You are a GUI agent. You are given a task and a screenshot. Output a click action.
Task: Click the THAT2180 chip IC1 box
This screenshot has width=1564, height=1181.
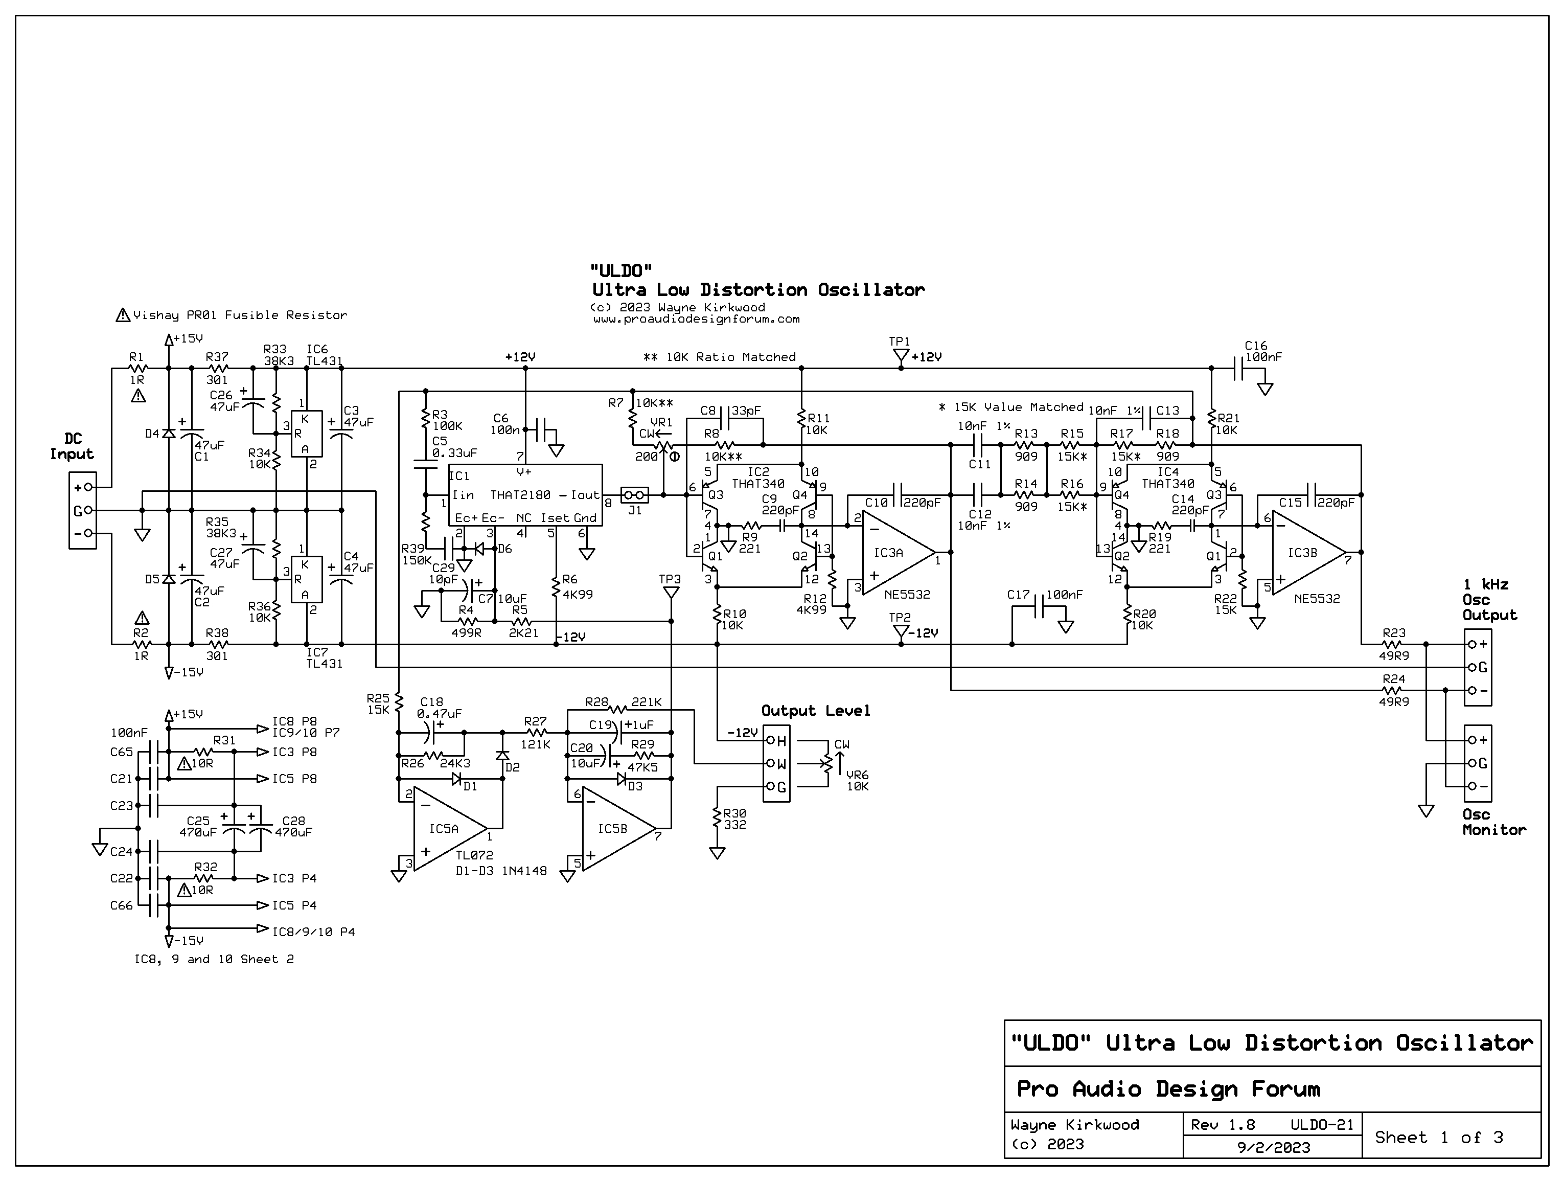526,495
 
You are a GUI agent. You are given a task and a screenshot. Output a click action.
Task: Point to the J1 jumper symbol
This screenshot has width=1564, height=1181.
634,495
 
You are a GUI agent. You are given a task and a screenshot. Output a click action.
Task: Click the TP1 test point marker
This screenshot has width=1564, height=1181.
900,358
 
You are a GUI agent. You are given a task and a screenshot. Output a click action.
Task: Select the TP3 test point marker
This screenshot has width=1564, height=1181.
670,591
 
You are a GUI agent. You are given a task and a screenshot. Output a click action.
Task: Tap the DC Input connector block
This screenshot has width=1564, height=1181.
83,510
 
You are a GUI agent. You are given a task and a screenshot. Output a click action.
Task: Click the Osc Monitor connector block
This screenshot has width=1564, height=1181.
1478,763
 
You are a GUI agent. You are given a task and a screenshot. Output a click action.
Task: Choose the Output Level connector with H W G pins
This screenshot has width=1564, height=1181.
776,764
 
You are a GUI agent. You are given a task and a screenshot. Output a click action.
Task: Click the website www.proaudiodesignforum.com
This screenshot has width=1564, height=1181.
697,319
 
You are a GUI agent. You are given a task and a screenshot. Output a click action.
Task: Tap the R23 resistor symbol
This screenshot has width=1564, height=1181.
1393,644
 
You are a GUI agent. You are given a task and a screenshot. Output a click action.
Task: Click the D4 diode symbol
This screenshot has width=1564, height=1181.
168,434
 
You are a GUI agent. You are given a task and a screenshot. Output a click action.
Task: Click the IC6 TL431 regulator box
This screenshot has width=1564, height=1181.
307,434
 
